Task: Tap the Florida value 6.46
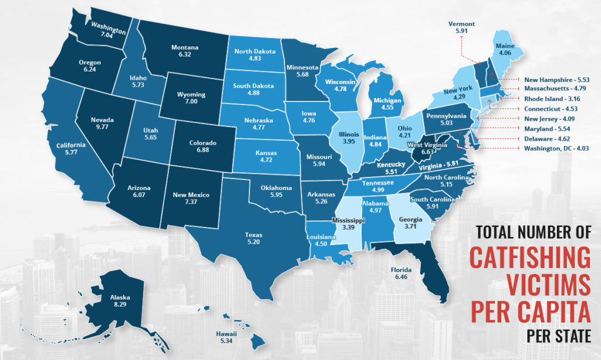405,278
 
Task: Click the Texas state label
254,235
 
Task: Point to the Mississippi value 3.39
348,227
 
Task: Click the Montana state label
184,47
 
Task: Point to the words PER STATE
559,338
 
